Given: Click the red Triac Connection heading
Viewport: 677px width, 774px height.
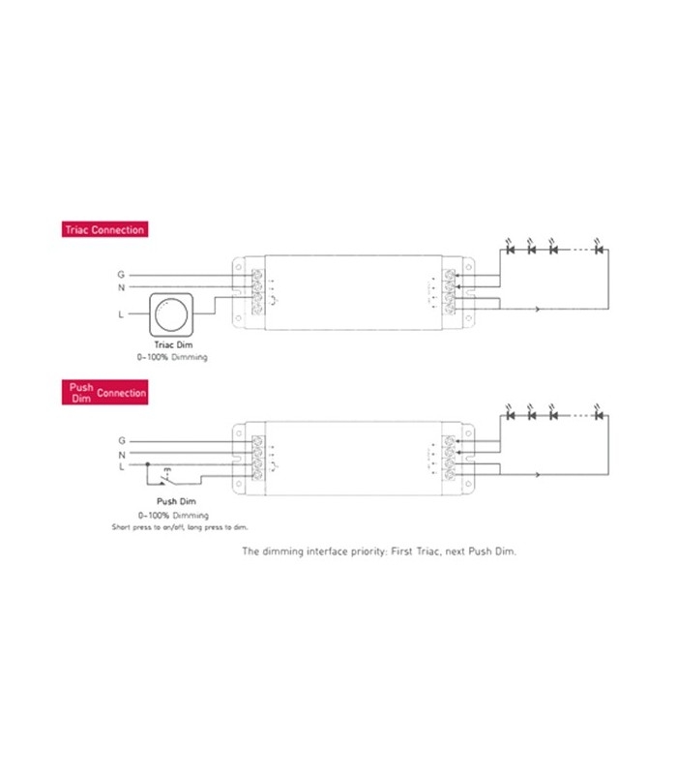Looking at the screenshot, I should pos(103,230).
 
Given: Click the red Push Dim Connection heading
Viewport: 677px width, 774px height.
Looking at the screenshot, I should pos(107,393).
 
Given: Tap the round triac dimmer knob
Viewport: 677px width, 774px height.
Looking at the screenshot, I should pos(175,314).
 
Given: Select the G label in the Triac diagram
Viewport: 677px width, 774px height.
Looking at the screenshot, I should pos(121,274).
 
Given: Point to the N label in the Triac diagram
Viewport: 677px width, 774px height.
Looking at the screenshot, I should pos(121,287).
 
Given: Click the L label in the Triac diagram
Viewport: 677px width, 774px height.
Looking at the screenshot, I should pos(121,314).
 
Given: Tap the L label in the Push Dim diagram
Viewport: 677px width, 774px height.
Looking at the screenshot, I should pos(121,467).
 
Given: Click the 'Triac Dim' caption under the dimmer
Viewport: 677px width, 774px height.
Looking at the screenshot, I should pos(171,344).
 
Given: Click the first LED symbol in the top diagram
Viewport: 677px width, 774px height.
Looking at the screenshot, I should pos(510,250).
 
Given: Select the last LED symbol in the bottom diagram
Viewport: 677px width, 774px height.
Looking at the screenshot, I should pos(599,415).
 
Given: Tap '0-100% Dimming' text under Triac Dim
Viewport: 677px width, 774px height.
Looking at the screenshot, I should pos(171,357).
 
